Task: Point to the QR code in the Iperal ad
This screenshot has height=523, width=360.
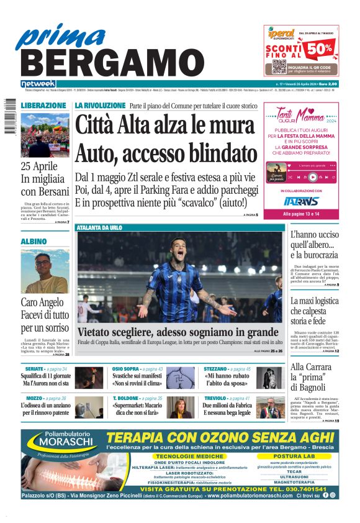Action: coord(279,66)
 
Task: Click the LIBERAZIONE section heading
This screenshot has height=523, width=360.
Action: coord(43,106)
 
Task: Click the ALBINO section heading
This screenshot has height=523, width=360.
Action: coord(34,241)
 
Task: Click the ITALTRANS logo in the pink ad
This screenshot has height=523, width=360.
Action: coord(301,201)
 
